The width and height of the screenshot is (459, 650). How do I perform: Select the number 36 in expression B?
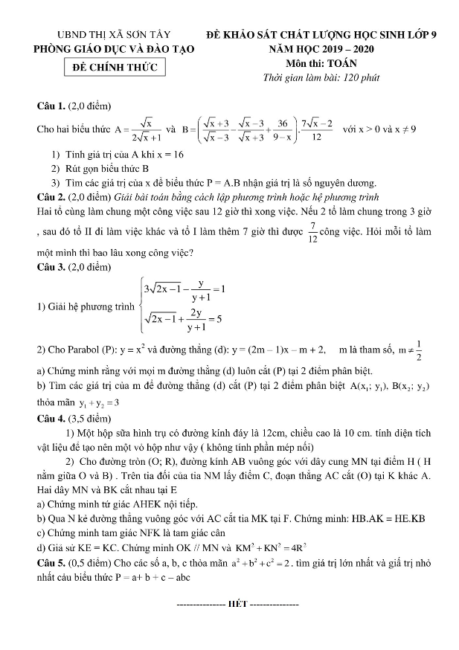click(283, 123)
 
